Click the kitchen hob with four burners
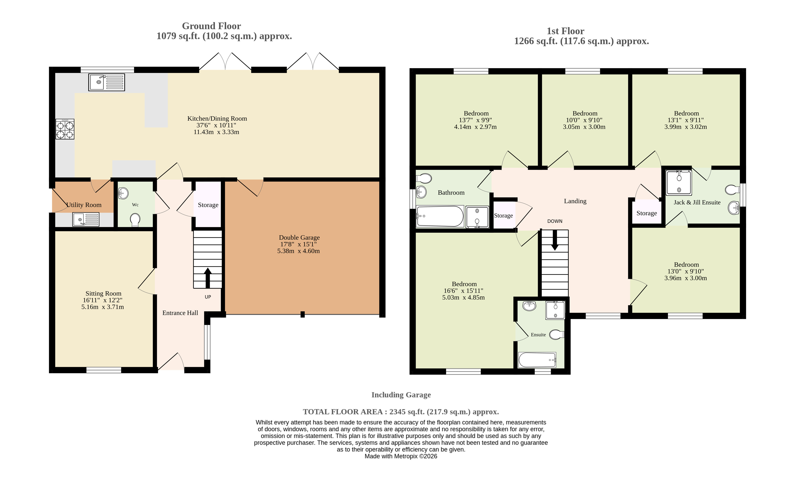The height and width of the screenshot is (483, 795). pyautogui.click(x=65, y=129)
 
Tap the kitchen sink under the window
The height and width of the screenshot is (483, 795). pyautogui.click(x=106, y=82)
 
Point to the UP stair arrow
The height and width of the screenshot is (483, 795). pyautogui.click(x=207, y=278)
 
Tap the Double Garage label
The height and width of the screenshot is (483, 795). pyautogui.click(x=299, y=237)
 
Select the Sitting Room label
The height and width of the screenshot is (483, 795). pyautogui.click(x=103, y=293)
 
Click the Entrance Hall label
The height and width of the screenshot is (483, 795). pyautogui.click(x=180, y=313)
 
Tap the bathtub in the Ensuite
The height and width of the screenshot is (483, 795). pyautogui.click(x=537, y=360)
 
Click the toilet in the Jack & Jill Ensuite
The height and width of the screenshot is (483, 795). pyautogui.click(x=732, y=190)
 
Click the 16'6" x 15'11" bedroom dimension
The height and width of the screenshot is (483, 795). pyautogui.click(x=463, y=290)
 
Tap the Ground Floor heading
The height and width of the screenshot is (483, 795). pyautogui.click(x=211, y=26)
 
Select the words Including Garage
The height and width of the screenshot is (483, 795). pyautogui.click(x=401, y=395)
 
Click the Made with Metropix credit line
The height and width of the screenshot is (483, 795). pyautogui.click(x=401, y=456)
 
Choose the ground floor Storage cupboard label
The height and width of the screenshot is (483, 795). pyautogui.click(x=208, y=205)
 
